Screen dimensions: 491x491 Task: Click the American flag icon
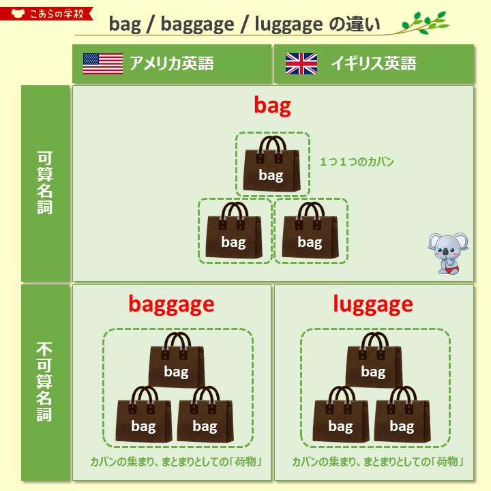click(102, 63)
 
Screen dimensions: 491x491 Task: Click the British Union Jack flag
click(301, 63)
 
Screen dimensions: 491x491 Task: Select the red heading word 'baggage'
click(171, 304)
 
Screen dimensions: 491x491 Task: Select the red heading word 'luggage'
click(373, 304)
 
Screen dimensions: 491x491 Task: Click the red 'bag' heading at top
click(272, 106)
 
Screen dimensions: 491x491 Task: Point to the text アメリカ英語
click(172, 64)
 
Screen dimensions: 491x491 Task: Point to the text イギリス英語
click(373, 64)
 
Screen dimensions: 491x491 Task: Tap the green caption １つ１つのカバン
click(357, 162)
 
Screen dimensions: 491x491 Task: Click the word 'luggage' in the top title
click(288, 25)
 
